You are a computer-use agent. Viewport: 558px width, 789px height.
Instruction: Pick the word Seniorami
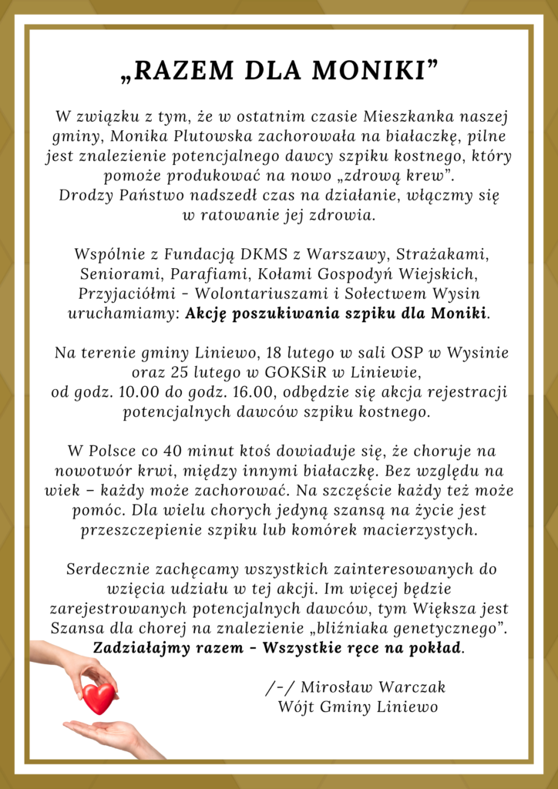coord(115,274)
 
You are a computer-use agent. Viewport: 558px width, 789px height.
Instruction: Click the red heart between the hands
coord(99,697)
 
